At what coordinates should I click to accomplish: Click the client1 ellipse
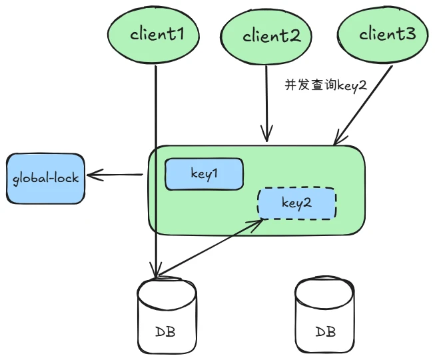tap(154, 33)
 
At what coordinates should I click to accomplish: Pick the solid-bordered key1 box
tap(204, 174)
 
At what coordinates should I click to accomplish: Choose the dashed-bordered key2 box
tap(297, 203)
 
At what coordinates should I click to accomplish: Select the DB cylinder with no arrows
tap(325, 319)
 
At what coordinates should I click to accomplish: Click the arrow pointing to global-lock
tap(116, 175)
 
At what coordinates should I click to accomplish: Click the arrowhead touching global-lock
tap(92, 176)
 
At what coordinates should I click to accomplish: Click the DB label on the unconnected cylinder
tap(325, 331)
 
